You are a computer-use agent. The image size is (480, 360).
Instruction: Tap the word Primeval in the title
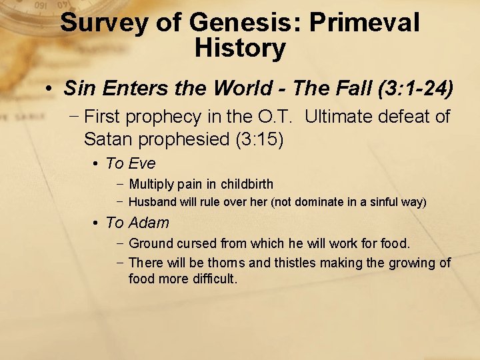click(x=366, y=23)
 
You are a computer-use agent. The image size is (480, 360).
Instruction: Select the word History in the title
click(x=240, y=48)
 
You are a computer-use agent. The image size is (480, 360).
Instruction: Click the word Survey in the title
click(x=103, y=23)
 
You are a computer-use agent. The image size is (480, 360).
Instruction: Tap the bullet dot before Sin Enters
click(x=50, y=88)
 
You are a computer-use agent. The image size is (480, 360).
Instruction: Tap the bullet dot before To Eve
click(x=97, y=164)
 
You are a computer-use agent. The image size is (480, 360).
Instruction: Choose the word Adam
click(x=149, y=223)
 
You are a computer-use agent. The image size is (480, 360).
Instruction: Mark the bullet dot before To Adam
click(x=97, y=223)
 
